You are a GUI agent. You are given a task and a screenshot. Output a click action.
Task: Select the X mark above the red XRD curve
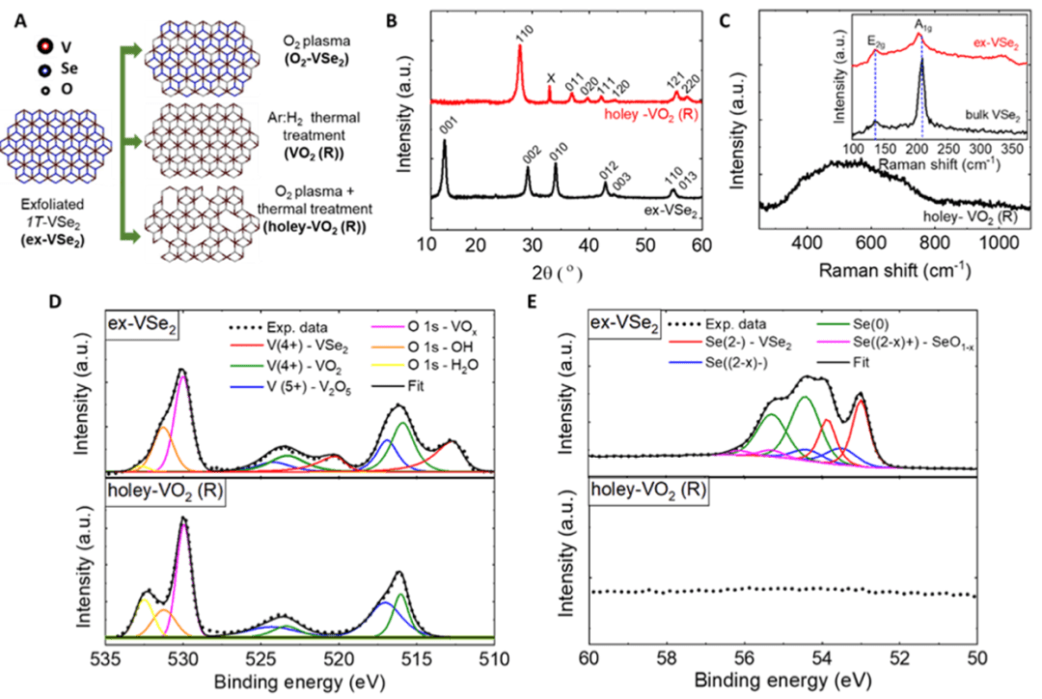point(551,77)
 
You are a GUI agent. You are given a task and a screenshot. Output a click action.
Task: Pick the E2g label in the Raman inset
point(875,42)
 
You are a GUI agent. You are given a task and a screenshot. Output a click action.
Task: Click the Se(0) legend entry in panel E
point(860,329)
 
